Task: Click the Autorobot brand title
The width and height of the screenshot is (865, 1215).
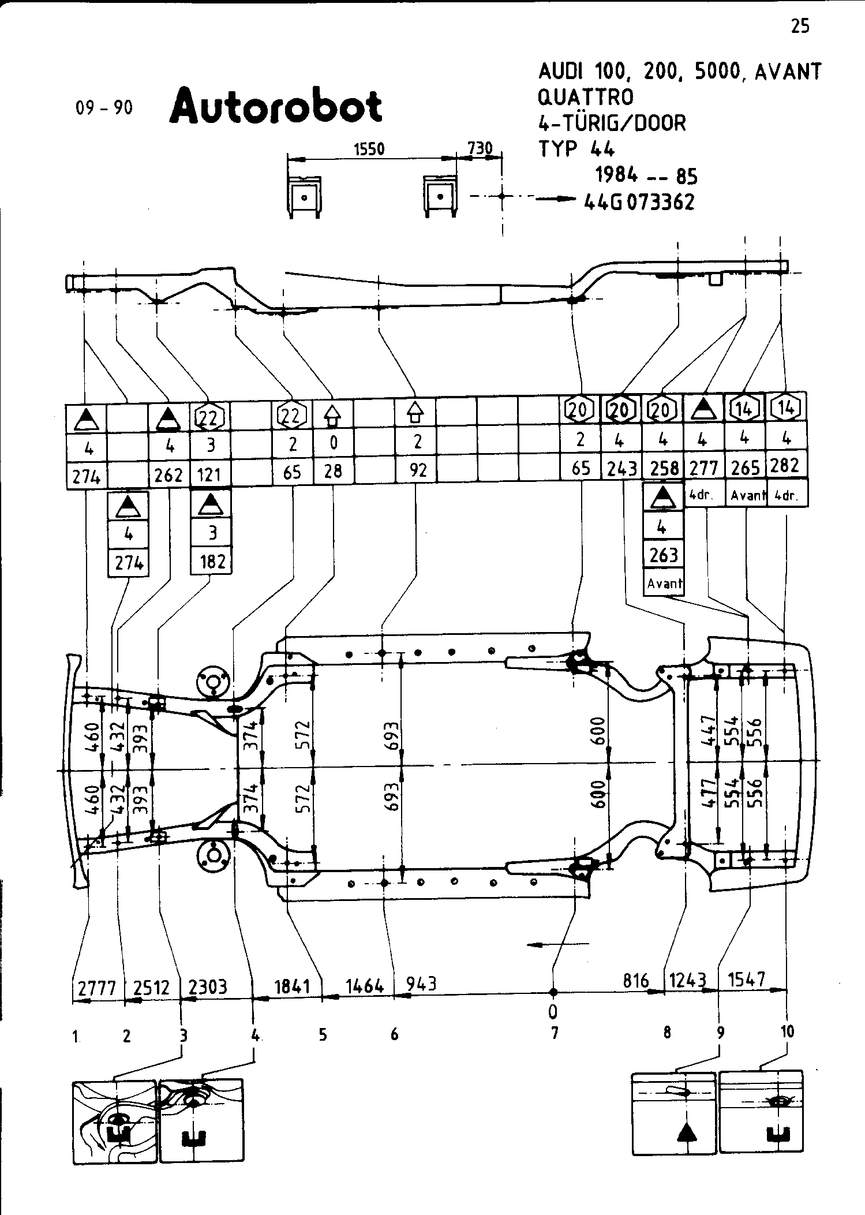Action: (275, 106)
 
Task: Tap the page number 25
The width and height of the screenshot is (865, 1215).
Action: (800, 26)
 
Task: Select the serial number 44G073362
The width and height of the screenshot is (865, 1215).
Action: (639, 202)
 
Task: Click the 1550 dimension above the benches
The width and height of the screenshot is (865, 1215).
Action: (369, 149)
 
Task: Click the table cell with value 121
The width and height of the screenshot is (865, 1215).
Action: (209, 475)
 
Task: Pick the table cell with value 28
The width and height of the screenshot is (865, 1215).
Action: (334, 472)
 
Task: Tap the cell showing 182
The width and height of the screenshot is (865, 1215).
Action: (212, 561)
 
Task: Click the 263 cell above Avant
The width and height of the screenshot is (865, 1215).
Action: (663, 555)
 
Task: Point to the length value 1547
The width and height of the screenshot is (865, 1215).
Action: (747, 980)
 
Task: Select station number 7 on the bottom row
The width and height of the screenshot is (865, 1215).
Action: (554, 1033)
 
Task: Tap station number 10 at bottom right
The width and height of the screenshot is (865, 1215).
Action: (787, 1031)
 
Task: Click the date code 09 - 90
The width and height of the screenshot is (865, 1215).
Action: (104, 108)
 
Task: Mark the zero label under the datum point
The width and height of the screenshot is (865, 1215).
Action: (553, 1011)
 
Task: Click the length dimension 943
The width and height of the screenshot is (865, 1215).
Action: (421, 983)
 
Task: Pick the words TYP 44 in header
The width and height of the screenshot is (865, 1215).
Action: (577, 149)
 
